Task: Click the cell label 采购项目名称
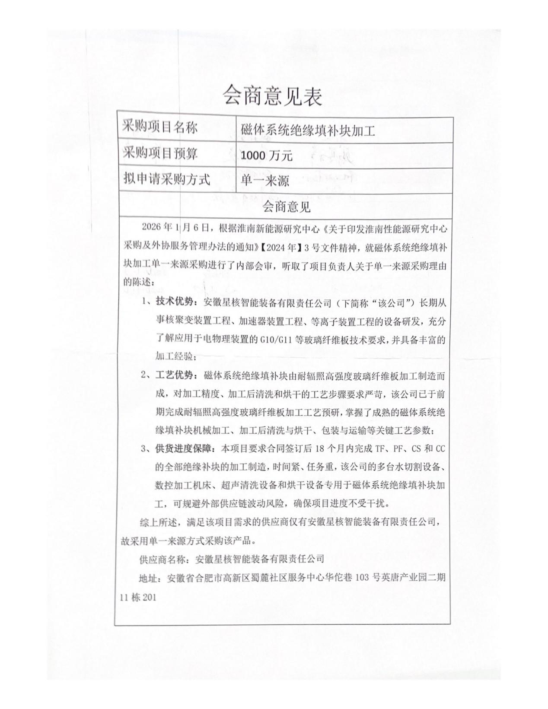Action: pos(160,128)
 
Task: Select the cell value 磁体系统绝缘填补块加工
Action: pos(308,130)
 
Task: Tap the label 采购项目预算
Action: pos(160,153)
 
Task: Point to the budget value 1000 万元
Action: pos(267,155)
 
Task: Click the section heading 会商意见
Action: pos(286,207)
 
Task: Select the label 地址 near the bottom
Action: pos(147,578)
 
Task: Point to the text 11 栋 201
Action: pos(138,598)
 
